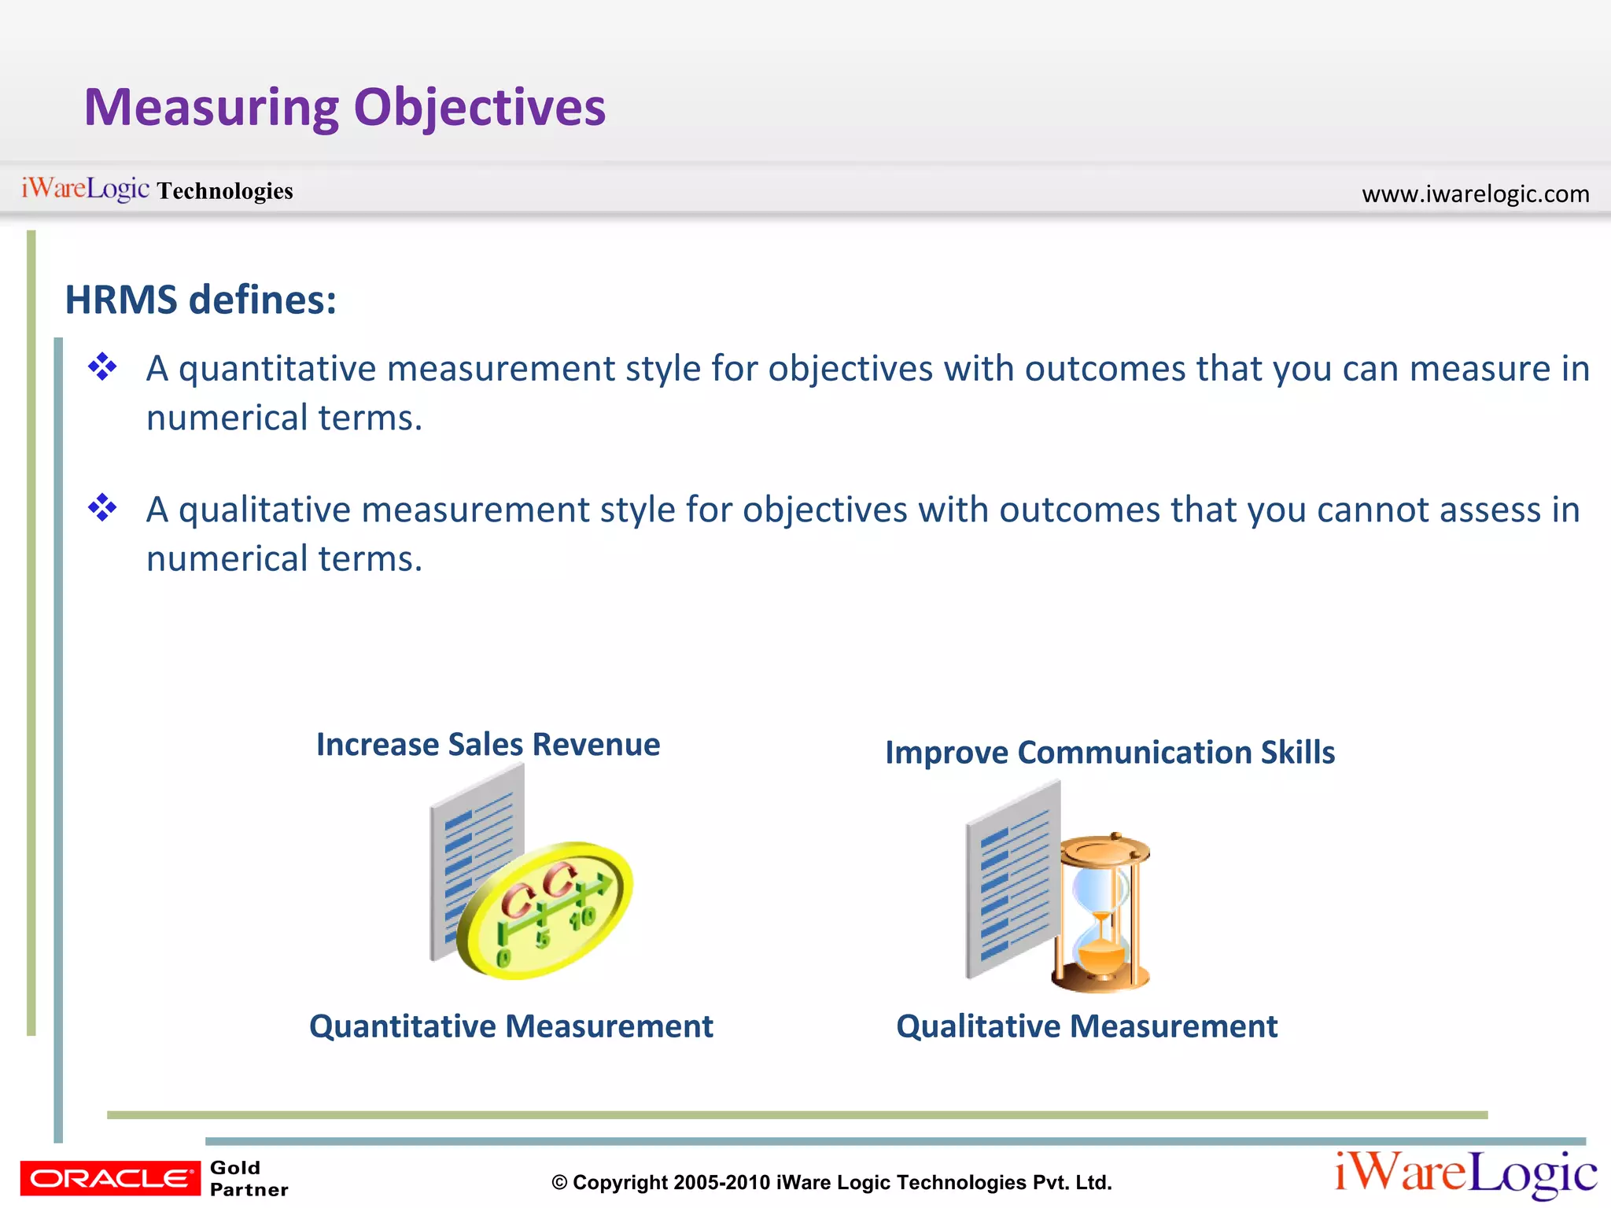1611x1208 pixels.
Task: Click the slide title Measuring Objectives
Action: click(x=345, y=108)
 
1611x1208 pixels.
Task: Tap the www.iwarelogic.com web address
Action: click(x=1475, y=193)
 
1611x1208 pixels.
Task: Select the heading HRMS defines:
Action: click(x=201, y=300)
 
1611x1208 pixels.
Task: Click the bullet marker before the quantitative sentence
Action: click(x=102, y=366)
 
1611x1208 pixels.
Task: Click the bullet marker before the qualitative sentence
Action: click(x=102, y=508)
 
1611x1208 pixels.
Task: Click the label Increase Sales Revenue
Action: click(x=488, y=744)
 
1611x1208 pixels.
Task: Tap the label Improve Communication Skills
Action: click(x=1109, y=753)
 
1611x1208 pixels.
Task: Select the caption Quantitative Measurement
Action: click(x=511, y=1026)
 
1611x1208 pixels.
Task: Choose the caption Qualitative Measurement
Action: click(x=1086, y=1026)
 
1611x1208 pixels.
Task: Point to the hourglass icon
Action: click(x=1103, y=912)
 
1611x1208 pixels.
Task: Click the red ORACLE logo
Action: click(x=110, y=1178)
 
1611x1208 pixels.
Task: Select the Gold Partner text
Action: click(x=249, y=1178)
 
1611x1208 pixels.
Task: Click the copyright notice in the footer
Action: click(x=831, y=1182)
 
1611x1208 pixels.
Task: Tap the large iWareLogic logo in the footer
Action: click(x=1465, y=1173)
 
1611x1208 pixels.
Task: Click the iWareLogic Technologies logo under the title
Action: click(x=157, y=190)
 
